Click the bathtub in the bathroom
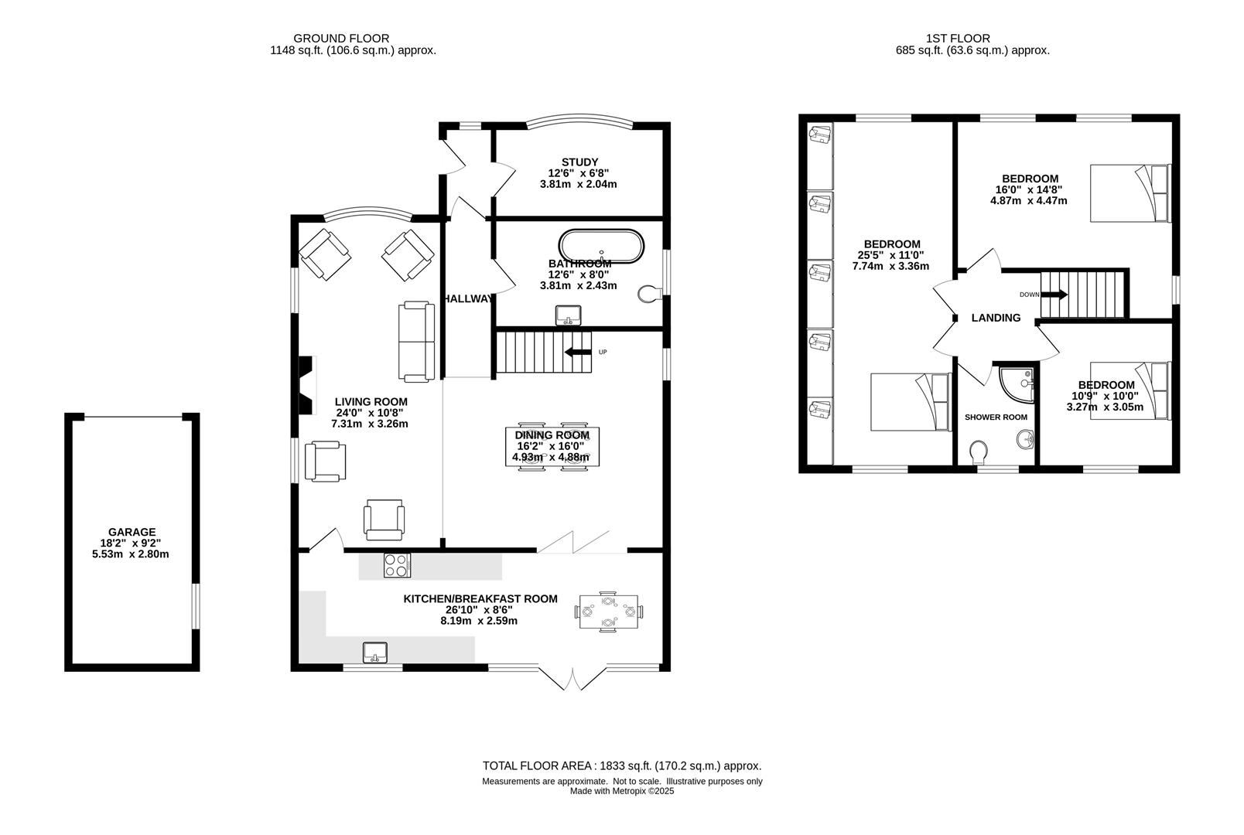601,246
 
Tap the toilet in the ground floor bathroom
649,295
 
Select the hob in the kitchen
397,566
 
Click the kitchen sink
375,652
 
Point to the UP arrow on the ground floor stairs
578,352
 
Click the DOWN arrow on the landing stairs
1054,295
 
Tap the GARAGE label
132,532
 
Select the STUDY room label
579,162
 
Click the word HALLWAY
467,298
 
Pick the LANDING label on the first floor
996,318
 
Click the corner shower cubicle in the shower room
1017,383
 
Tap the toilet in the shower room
978,452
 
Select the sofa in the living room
416,342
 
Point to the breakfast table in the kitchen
609,612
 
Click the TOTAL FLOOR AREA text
622,766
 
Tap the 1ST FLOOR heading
958,39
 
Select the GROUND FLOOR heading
341,39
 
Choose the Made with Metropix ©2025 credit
622,791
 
